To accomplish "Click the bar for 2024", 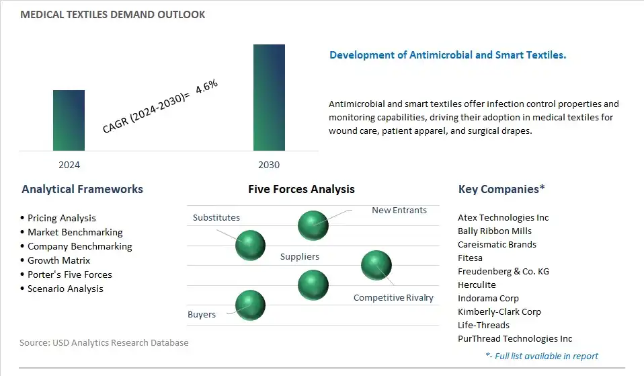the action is coord(69,120).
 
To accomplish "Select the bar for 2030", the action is coord(269,98).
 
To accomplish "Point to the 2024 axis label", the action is coord(69,165).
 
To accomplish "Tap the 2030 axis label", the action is coord(269,165).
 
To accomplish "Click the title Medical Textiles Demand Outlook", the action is coord(112,15).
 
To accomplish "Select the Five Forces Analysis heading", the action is coord(301,189).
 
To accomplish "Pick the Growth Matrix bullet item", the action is coord(58,260).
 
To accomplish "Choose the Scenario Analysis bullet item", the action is coord(65,289).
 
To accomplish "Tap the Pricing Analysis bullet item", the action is coord(61,218).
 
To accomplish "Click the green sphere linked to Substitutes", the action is coord(250,246).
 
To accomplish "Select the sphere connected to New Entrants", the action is coord(313,225).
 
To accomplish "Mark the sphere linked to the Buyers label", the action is coord(250,305).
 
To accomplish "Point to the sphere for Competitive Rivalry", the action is coord(376,266).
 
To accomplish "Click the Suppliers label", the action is coord(299,257).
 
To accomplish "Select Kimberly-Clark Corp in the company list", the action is coord(499,312).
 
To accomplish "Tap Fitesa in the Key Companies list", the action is coord(471,258).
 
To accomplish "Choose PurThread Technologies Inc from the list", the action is coord(515,339).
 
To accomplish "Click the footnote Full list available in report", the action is coord(542,356).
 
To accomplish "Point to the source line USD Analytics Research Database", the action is coord(104,343).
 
